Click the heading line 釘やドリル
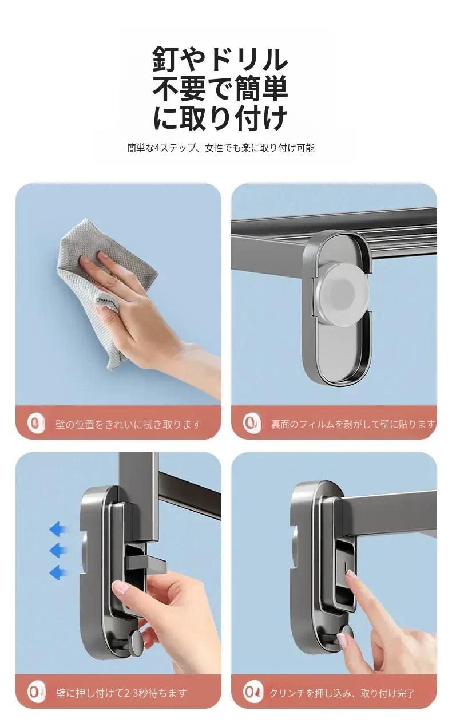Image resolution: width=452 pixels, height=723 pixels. tap(220, 59)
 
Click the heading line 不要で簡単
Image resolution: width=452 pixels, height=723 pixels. tap(220, 88)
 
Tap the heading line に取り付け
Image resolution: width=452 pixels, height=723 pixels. tap(220, 117)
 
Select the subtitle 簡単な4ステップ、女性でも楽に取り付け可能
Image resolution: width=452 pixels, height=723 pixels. tap(221, 148)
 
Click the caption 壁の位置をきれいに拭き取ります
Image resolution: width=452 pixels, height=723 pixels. tap(128, 424)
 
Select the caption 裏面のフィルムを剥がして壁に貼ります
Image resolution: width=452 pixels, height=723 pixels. tap(353, 424)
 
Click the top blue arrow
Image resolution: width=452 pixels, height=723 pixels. tap(59, 530)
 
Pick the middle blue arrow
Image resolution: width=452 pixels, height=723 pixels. tap(59, 550)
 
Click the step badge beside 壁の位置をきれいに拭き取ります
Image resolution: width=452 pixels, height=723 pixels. tap(36, 424)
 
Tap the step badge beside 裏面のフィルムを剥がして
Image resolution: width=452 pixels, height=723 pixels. tap(252, 424)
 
